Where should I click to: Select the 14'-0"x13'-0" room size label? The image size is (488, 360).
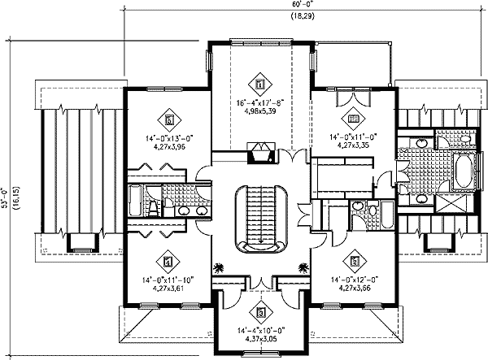tap(168, 140)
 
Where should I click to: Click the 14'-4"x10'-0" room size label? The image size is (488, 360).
tap(259, 332)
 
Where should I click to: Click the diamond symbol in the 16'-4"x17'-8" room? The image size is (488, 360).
tap(259, 82)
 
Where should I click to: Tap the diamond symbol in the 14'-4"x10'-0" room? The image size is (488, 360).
tap(259, 312)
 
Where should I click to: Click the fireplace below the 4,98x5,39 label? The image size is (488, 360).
tap(260, 154)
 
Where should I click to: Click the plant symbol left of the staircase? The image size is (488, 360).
tap(218, 267)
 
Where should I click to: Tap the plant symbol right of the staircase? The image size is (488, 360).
tap(303, 267)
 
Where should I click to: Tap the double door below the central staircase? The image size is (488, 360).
tap(260, 282)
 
